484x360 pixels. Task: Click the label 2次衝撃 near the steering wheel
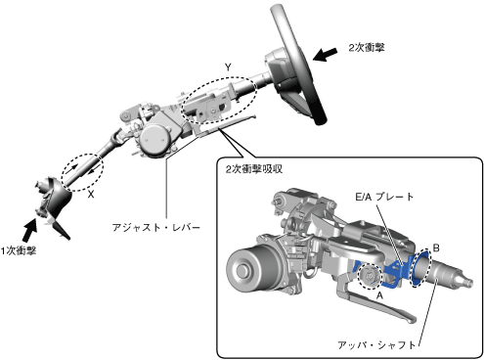click(367, 48)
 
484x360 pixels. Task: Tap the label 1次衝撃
click(19, 250)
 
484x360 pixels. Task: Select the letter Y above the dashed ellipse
click(228, 67)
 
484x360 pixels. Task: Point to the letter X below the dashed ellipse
click(91, 195)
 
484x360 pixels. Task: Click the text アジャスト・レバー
click(155, 227)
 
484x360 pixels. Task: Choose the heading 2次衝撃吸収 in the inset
click(254, 169)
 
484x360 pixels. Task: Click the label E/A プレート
click(384, 197)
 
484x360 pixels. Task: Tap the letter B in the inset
click(436, 248)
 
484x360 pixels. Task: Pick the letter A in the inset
click(379, 295)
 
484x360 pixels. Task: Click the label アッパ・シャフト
click(377, 345)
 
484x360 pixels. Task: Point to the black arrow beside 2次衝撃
click(326, 54)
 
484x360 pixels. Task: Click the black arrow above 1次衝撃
click(29, 230)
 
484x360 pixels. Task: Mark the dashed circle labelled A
click(359, 277)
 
